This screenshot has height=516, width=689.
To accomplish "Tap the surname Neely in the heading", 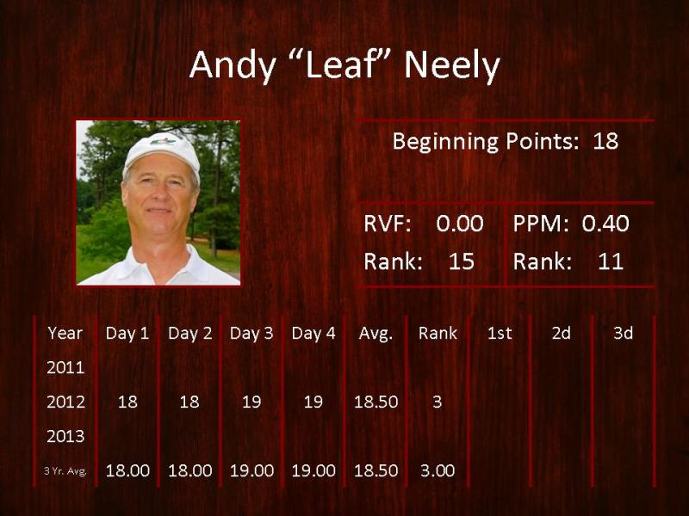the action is click(x=452, y=66).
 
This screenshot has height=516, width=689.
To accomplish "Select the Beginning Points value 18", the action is click(x=605, y=141).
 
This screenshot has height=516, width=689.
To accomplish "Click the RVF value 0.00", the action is click(x=460, y=224).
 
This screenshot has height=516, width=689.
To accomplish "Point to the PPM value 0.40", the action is click(x=605, y=224).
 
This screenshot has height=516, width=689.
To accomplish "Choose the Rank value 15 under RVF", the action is click(x=462, y=261).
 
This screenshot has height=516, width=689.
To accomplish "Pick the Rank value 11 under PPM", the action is click(x=611, y=261).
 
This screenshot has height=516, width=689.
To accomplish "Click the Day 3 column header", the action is click(x=251, y=334).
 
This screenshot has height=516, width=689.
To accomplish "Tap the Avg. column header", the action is click(x=376, y=334).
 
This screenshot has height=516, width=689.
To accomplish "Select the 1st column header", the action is click(x=500, y=334).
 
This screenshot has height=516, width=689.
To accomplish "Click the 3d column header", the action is click(x=623, y=334).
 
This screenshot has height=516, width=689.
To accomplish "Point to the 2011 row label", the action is click(x=65, y=367).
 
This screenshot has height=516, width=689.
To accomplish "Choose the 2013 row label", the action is click(x=65, y=436).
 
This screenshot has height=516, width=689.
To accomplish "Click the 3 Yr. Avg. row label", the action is click(x=65, y=471).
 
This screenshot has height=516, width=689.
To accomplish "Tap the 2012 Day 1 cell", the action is click(x=127, y=402).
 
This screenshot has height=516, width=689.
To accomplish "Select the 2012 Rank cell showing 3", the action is click(x=438, y=402).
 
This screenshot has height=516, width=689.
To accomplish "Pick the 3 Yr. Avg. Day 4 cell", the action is click(x=313, y=470).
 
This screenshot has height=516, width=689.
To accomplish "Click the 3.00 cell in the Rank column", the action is click(x=438, y=470).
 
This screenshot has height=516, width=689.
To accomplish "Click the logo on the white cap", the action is click(x=163, y=141).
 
